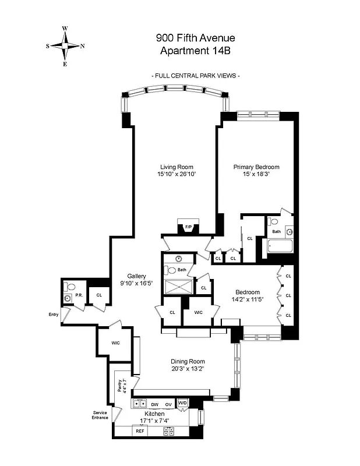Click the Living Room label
pyautogui.click(x=177, y=167)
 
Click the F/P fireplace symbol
pyautogui.click(x=188, y=227)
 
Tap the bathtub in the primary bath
pyautogui.click(x=282, y=247)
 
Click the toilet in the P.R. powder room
pyautogui.click(x=70, y=287)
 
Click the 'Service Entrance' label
pyautogui.click(x=100, y=416)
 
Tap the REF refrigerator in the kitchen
pyautogui.click(x=140, y=431)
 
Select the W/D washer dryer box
pyautogui.click(x=182, y=403)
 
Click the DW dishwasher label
pyautogui.click(x=155, y=404)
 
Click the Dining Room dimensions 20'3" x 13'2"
pyautogui.click(x=187, y=368)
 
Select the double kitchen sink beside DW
pyautogui.click(x=140, y=403)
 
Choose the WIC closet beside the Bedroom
pyautogui.click(x=198, y=312)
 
